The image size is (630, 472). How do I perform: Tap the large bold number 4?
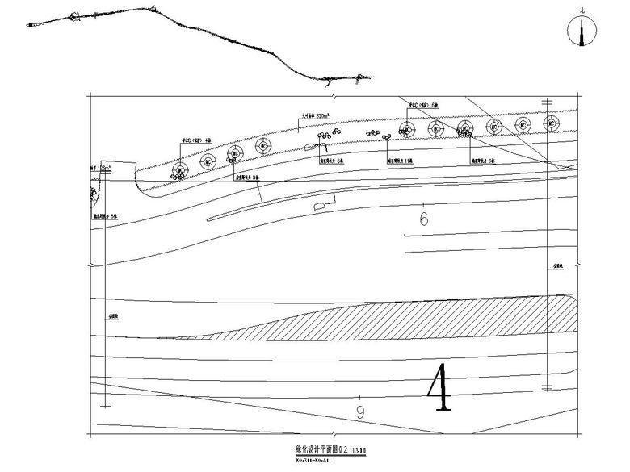tap(441, 388)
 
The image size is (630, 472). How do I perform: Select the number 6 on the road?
tap(423, 219)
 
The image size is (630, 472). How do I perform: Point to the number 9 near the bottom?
tap(360, 412)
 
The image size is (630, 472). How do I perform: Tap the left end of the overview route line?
tap(31, 27)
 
